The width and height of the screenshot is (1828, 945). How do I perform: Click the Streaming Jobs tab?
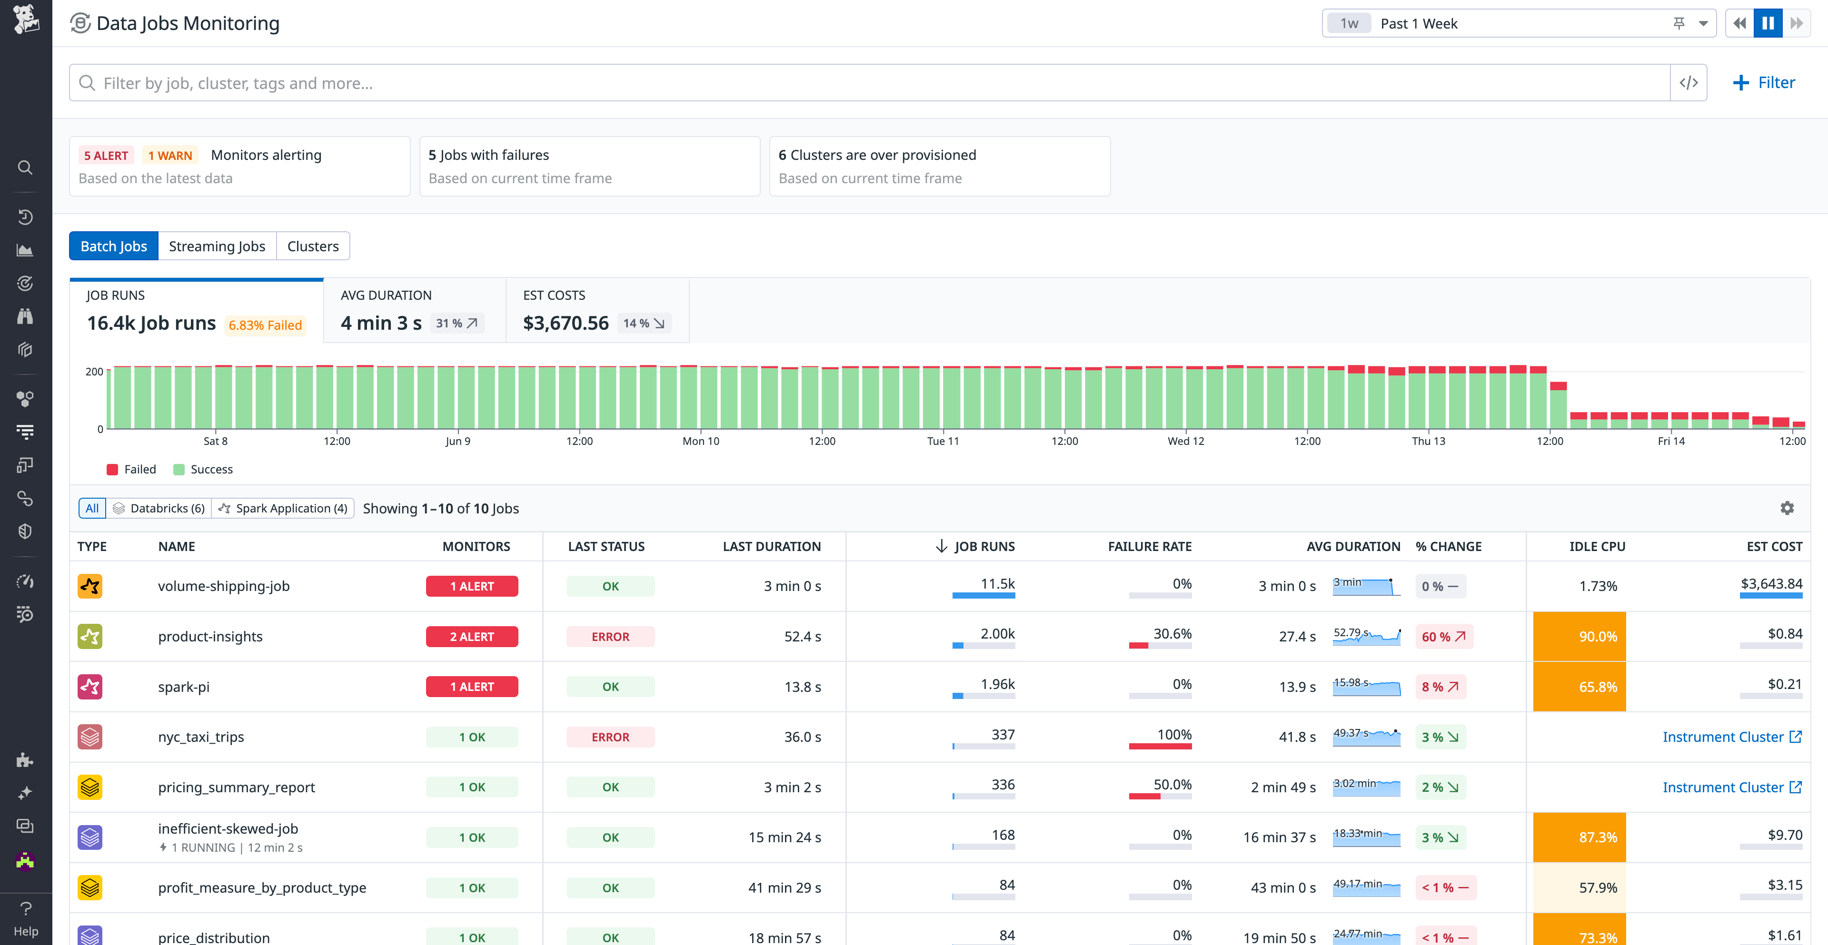click(x=217, y=246)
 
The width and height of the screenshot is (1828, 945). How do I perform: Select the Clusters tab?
click(x=312, y=246)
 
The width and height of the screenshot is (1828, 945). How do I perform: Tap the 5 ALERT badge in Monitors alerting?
click(x=106, y=156)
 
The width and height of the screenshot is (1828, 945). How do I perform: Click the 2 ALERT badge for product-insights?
click(x=471, y=636)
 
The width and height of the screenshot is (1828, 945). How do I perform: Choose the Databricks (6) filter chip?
click(x=159, y=508)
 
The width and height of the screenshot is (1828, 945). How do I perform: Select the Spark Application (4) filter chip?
click(x=283, y=508)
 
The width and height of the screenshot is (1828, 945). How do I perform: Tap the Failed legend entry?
click(x=131, y=469)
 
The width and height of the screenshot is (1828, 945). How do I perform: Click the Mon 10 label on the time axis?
click(x=700, y=441)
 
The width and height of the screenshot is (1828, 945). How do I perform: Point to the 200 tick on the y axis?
click(x=94, y=372)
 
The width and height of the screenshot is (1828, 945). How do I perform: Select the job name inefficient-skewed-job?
click(x=228, y=828)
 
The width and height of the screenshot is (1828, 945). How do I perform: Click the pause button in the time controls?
click(x=1767, y=23)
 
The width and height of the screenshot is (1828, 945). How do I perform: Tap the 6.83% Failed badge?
click(x=265, y=325)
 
